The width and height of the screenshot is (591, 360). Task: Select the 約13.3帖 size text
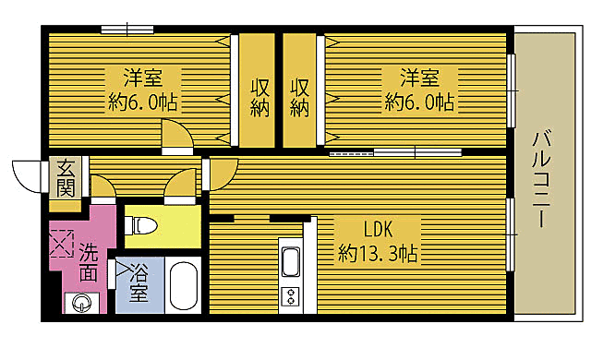tap(378, 251)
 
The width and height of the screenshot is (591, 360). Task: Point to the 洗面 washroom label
tap(89, 261)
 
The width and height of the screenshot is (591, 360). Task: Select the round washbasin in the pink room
tap(79, 301)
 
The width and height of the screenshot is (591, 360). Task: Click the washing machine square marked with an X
tap(61, 244)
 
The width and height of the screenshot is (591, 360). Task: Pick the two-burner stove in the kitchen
tap(290, 296)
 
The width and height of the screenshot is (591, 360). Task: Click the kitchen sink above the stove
tap(290, 262)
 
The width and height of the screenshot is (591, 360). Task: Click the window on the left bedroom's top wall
tap(127, 29)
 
